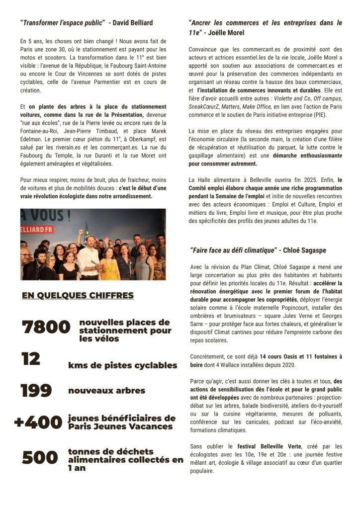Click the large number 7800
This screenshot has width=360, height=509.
click(x=46, y=327)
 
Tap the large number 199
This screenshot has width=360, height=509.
click(x=36, y=391)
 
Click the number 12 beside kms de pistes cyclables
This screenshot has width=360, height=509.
click(x=31, y=358)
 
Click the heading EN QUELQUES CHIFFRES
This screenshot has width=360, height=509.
click(x=78, y=296)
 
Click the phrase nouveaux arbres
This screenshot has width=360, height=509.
click(x=106, y=391)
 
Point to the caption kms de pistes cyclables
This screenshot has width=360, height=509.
click(x=122, y=365)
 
